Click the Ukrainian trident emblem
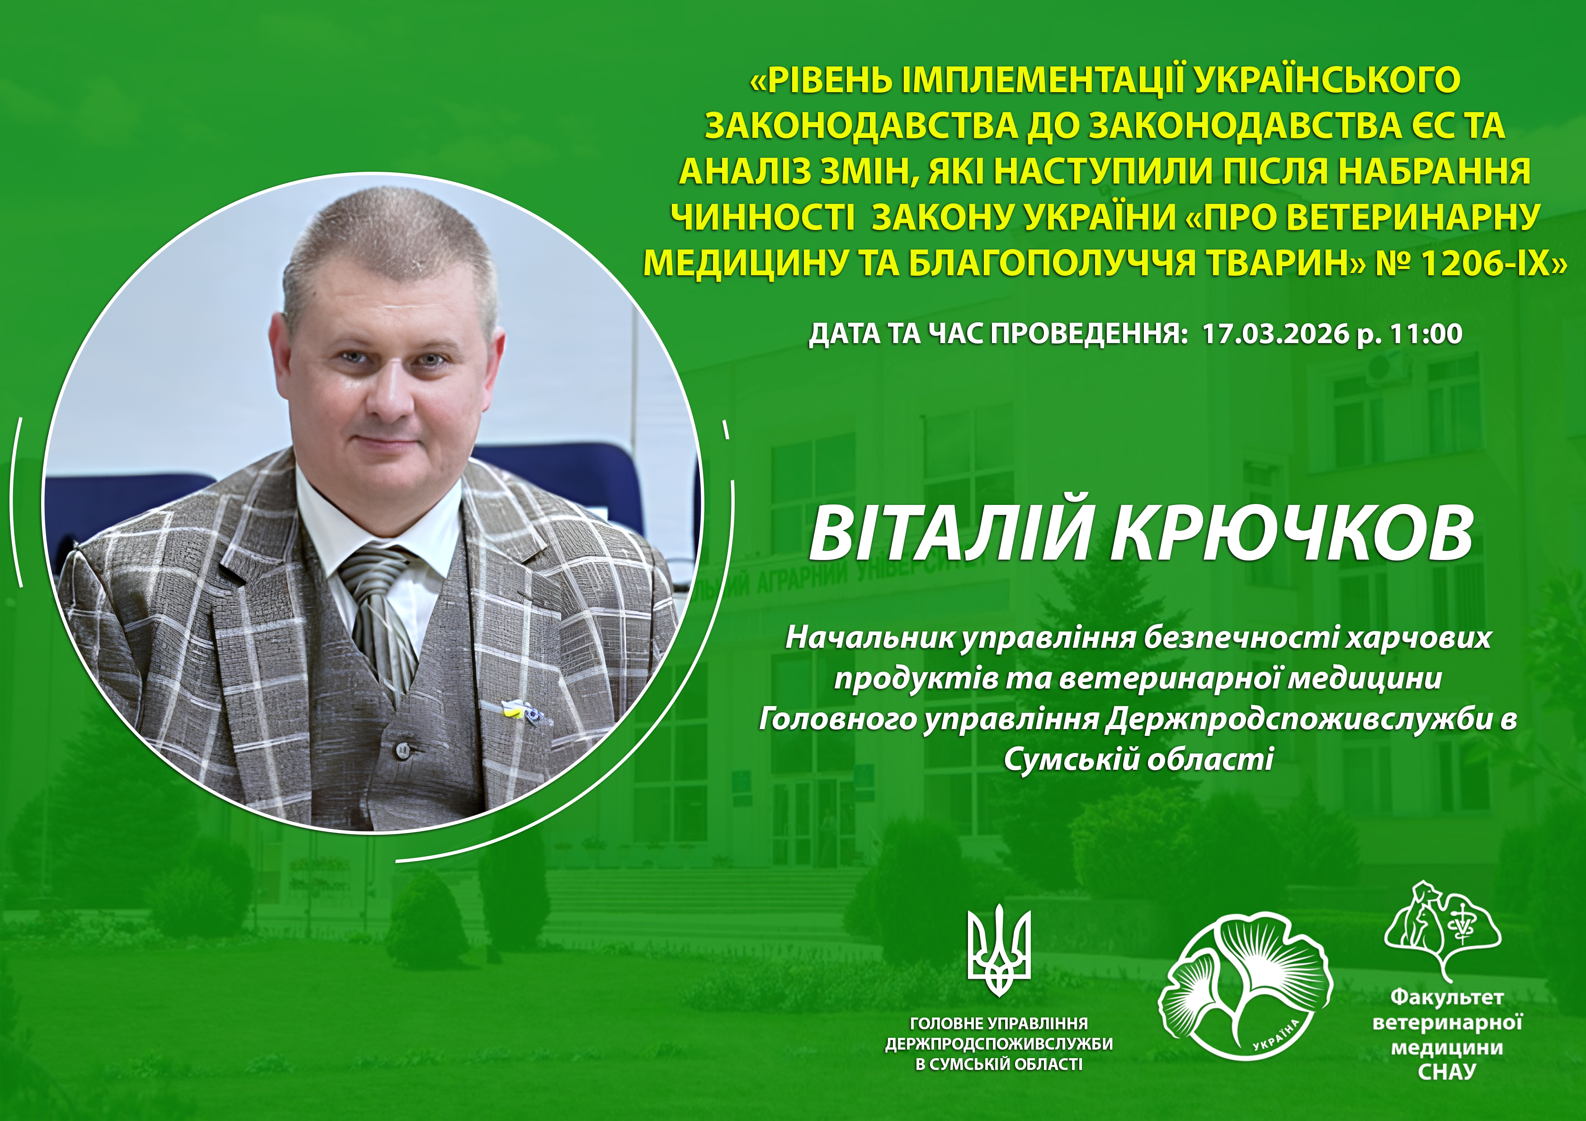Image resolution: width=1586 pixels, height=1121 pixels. click(999, 953)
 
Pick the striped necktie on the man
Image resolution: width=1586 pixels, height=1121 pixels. click(377, 608)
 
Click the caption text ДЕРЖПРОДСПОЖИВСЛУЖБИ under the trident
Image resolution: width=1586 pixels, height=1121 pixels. click(999, 1044)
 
